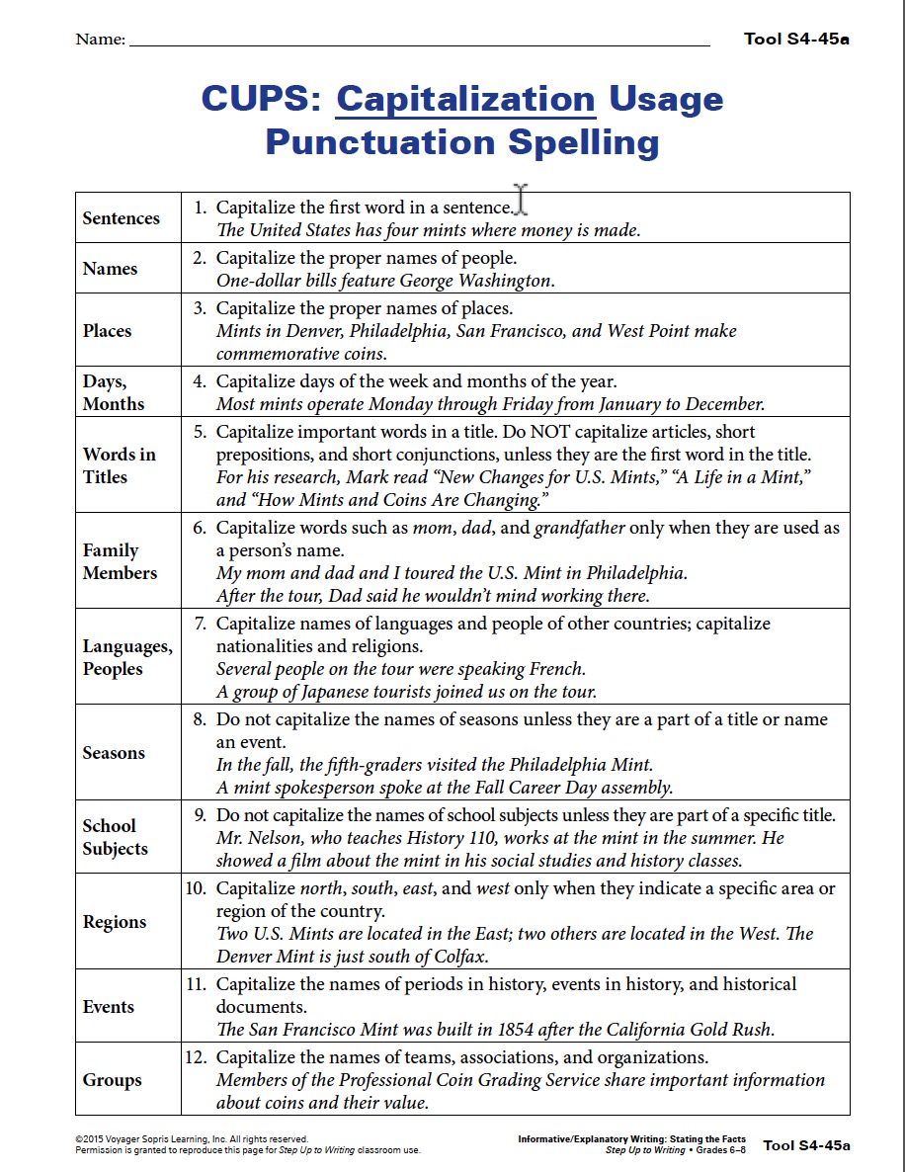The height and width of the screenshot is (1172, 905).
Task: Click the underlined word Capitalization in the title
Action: tap(466, 100)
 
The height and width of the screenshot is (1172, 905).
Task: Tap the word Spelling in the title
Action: tap(583, 143)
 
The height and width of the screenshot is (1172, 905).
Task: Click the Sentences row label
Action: tap(122, 218)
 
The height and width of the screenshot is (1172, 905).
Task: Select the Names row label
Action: tap(111, 269)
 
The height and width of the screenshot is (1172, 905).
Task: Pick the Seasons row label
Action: tap(114, 753)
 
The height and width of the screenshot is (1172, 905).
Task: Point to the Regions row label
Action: tap(115, 922)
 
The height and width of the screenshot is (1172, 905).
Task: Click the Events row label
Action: tap(109, 1007)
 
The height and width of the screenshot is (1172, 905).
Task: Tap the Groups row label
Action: tap(113, 1080)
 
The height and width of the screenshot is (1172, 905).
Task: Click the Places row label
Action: tap(108, 331)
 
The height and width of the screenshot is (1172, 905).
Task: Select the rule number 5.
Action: tap(200, 432)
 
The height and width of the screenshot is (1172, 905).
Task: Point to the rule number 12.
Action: tap(195, 1057)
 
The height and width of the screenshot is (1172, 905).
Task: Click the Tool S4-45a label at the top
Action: tap(796, 40)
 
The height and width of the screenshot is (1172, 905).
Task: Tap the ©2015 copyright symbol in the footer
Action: tap(79, 1139)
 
